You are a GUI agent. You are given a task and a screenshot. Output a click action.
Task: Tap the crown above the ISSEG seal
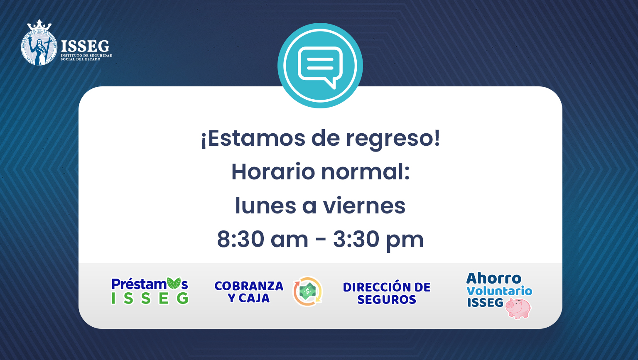tap(39, 25)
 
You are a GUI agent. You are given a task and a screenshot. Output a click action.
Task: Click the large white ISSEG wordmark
tap(85, 46)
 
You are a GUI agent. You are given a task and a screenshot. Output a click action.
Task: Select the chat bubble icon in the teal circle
tap(320, 67)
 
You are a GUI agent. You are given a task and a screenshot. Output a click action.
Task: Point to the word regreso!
tap(393, 139)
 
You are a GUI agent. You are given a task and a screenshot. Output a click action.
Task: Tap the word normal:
tap(366, 172)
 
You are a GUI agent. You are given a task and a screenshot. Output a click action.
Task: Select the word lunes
tap(265, 205)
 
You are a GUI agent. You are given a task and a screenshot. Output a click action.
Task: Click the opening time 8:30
tap(240, 239)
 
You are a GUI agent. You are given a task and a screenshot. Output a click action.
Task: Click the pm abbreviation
tap(405, 241)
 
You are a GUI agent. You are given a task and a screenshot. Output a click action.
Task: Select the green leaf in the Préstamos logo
tap(174, 283)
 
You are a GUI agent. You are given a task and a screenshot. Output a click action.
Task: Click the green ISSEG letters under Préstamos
tap(150, 298)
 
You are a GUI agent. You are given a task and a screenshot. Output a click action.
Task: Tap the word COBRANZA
tap(249, 286)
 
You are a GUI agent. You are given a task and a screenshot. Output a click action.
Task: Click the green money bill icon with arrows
tap(308, 291)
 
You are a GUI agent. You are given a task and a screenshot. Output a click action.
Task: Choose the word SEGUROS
tap(387, 300)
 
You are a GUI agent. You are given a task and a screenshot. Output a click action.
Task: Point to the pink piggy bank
tap(518, 308)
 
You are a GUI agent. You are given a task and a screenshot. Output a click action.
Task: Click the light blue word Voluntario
tap(499, 291)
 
